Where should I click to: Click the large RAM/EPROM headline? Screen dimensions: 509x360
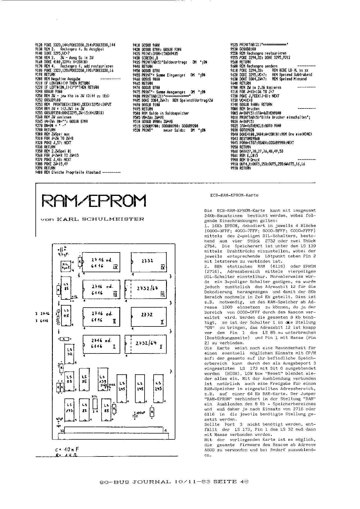pyautogui.click(x=94, y=200)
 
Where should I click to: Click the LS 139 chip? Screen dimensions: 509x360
pyautogui.click(x=102, y=377)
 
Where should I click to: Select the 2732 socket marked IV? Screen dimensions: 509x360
pyautogui.click(x=147, y=261)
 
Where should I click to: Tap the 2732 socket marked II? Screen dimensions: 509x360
pyautogui.click(x=147, y=316)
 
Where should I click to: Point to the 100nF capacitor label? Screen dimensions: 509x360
pyautogui.click(x=140, y=412)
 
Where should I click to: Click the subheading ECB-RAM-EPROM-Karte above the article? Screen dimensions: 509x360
pyautogui.click(x=234, y=195)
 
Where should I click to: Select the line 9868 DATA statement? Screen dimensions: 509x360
pyautogui.click(x=257, y=151)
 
